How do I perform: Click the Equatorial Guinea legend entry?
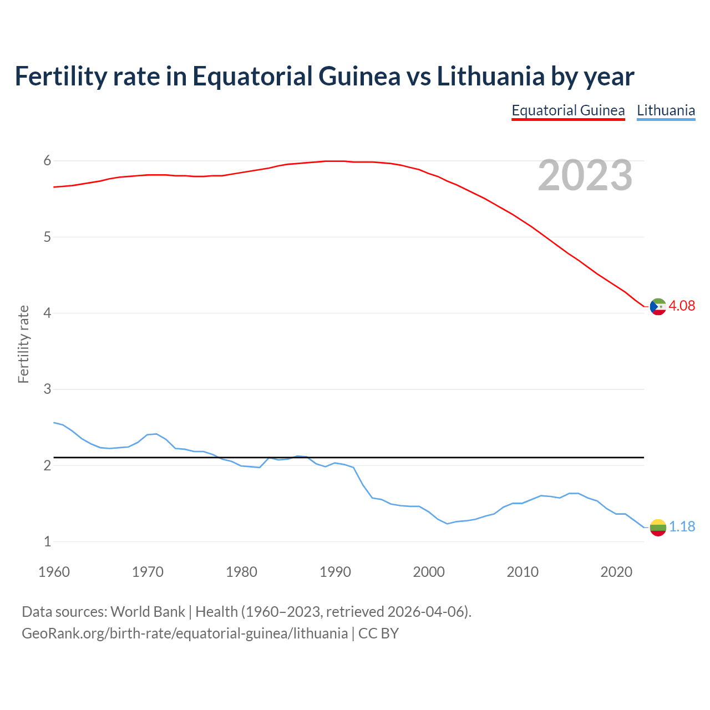pos(568,110)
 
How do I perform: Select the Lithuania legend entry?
pos(666,110)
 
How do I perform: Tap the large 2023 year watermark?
pos(585,176)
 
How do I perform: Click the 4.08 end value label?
pos(682,306)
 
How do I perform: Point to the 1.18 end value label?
pos(682,527)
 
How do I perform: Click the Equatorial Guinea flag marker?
pos(658,306)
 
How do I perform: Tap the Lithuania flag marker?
pos(658,527)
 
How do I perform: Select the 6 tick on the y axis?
pos(47,161)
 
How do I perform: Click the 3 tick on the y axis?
pos(47,389)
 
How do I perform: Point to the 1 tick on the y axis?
pos(47,542)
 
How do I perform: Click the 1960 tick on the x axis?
pos(54,572)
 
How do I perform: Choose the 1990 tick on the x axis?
pos(335,572)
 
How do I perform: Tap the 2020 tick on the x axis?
pos(616,572)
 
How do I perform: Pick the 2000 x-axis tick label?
pos(429,572)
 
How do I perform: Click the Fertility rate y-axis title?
pos(23,344)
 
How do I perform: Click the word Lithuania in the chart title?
pos(490,76)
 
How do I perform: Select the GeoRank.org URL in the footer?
pos(184,633)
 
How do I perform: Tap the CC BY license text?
pos(378,633)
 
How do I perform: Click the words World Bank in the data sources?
pos(148,612)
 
